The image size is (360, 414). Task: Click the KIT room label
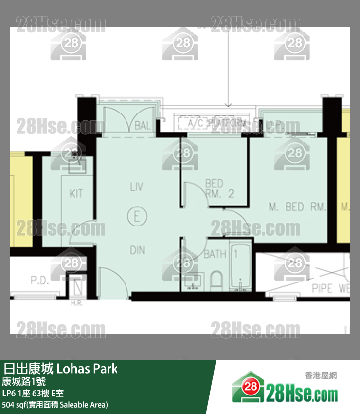point(76,193)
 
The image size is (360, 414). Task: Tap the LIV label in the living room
point(137,187)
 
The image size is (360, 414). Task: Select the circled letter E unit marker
point(137,216)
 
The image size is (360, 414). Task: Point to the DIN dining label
point(137,250)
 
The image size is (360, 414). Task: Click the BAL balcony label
point(142,126)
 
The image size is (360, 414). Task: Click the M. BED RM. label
point(297,207)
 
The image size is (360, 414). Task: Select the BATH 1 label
point(220,254)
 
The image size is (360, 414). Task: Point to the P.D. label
point(40,281)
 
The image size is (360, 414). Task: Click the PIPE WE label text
point(331,288)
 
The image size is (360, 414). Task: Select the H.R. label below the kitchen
point(76,303)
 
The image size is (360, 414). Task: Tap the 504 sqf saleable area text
point(55,404)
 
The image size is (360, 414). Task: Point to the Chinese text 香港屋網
point(321,376)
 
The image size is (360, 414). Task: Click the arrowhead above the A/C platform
point(228,104)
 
